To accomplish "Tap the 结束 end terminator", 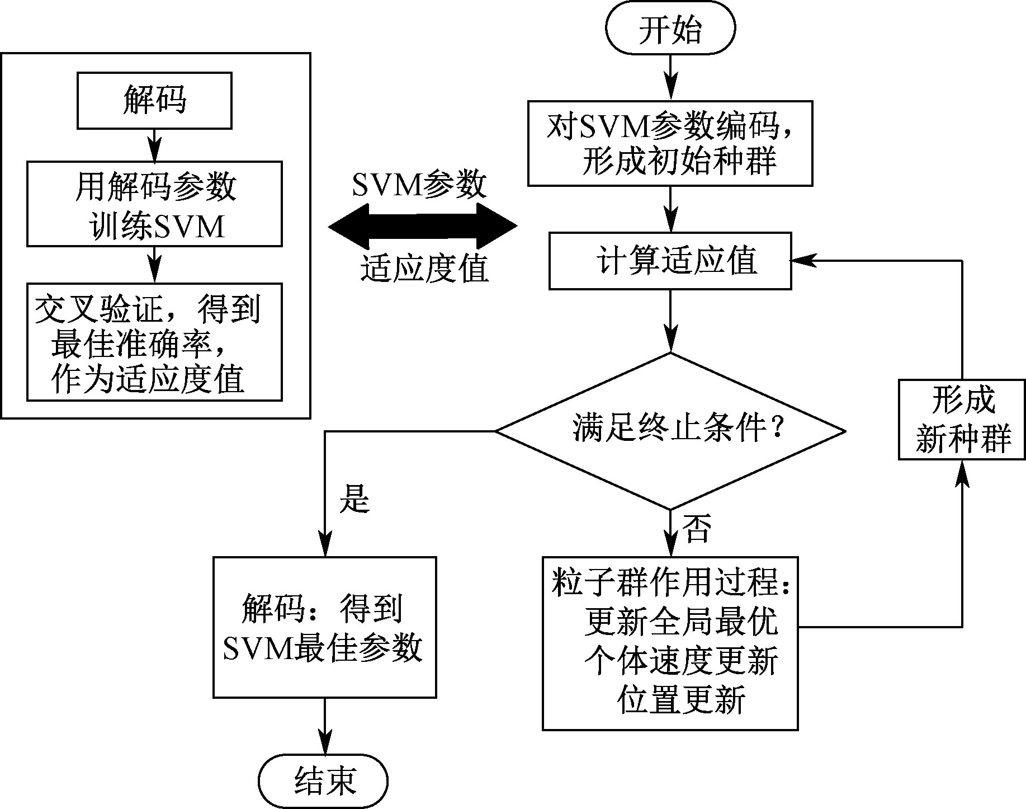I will coord(324,781).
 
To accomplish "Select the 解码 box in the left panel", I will coord(154,101).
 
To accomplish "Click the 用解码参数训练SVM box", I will coord(154,204).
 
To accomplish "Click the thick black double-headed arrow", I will coord(423,226).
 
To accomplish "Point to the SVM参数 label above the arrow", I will coord(419,184).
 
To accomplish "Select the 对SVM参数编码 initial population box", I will coord(670,143).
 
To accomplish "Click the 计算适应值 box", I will coord(670,261).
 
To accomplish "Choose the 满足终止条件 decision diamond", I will coord(670,431).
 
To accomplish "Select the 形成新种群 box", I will coord(962,420).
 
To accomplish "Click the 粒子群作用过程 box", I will coord(670,643).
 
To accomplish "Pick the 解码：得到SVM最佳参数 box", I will coord(324,627).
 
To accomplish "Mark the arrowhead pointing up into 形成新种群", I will coord(962,473).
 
